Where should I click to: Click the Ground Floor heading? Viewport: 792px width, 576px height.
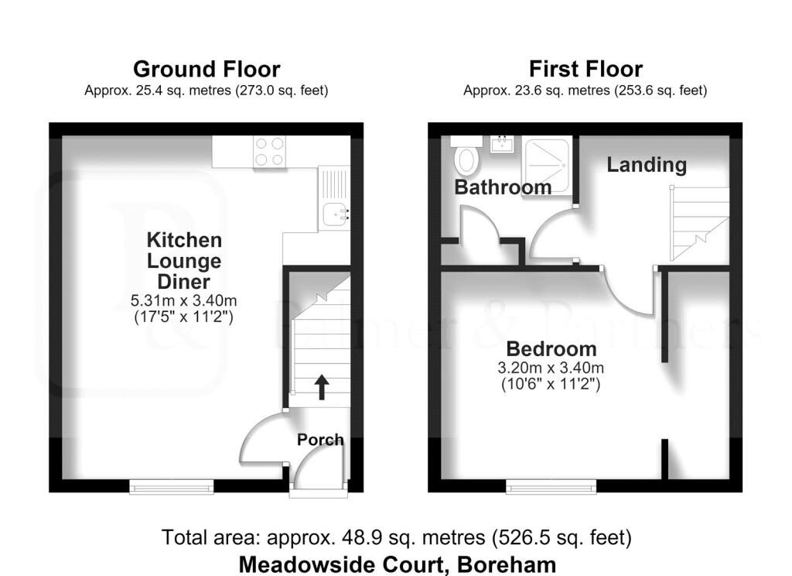point(207,69)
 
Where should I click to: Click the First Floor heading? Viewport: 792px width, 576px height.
point(585,68)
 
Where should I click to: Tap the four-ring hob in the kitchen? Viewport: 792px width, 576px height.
point(269,151)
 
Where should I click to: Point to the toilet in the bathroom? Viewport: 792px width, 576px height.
point(465,155)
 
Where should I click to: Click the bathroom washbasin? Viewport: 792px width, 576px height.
point(502,144)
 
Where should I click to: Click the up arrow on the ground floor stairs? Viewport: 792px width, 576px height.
point(321,387)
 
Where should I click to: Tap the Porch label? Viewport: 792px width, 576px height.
point(320,440)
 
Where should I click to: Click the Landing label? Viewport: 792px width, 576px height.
point(647,164)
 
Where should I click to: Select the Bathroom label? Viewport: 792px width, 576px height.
point(503,187)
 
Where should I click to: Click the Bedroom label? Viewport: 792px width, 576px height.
point(551,349)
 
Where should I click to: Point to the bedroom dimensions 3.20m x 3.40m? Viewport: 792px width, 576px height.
point(551,368)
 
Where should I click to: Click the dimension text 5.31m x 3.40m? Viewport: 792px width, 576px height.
point(183,300)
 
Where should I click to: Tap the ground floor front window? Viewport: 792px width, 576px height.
point(172,486)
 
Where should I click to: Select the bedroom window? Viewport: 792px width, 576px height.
point(551,486)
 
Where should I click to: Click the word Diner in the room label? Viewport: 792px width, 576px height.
point(183,282)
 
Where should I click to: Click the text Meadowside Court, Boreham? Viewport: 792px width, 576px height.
point(398,564)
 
